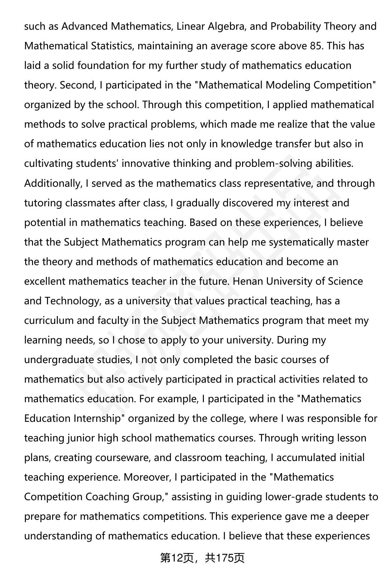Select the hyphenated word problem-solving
point(273,163)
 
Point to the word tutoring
point(43,203)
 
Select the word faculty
point(113,320)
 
